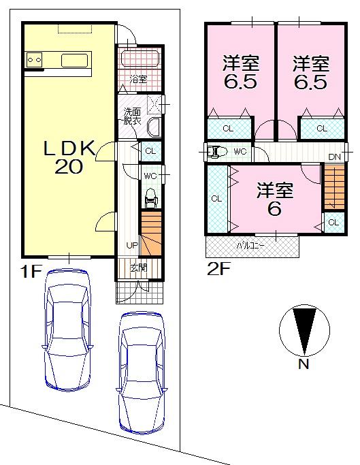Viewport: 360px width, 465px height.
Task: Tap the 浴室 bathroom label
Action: click(139, 79)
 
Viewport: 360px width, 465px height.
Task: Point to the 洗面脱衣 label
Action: click(132, 116)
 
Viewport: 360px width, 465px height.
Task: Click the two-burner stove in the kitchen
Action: click(35, 61)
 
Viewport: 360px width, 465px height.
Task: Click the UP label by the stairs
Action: click(131, 244)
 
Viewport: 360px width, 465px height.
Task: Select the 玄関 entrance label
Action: click(138, 268)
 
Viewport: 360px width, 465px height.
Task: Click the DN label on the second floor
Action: click(334, 157)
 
